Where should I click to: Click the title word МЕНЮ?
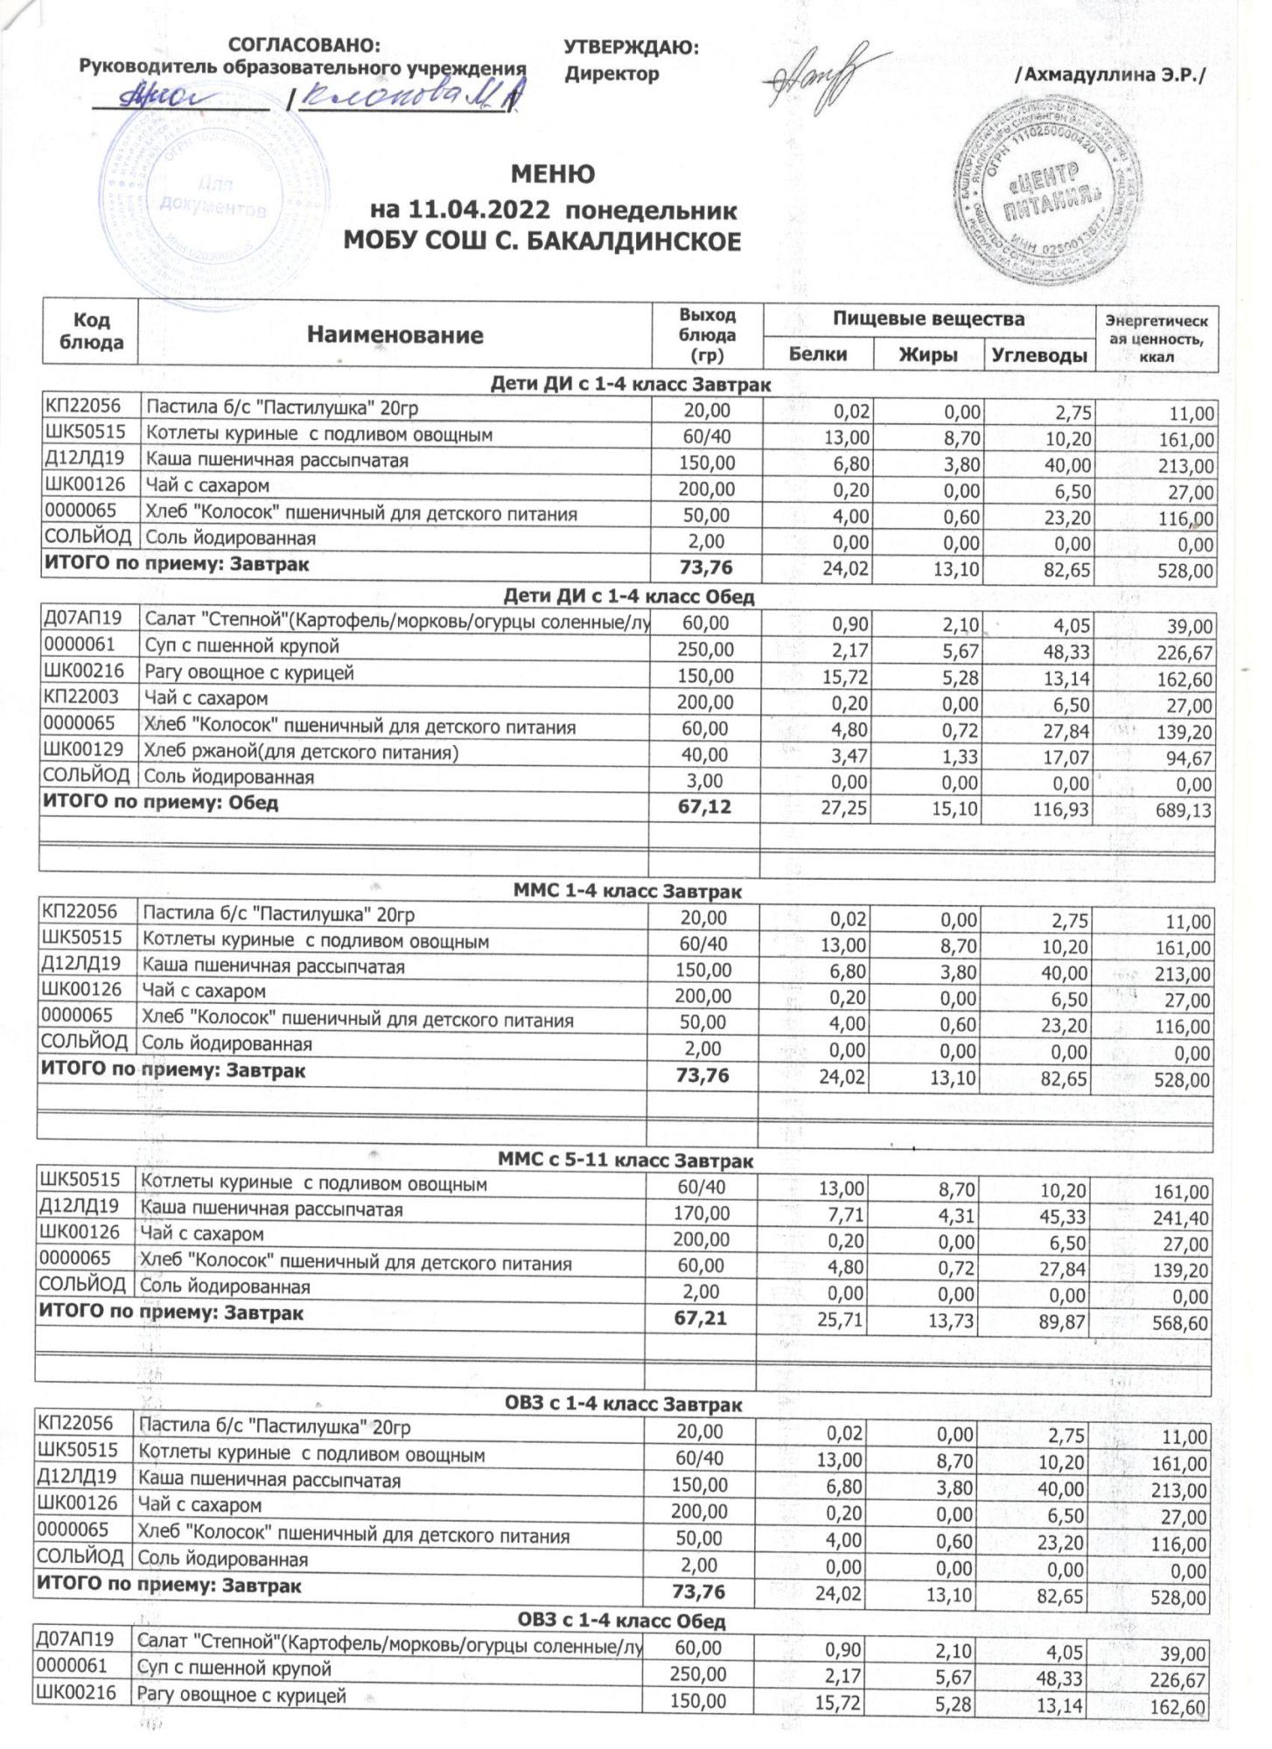552,175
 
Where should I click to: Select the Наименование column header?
395,335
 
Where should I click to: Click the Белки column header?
817,354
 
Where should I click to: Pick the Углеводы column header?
1039,354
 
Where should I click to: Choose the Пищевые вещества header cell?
928,319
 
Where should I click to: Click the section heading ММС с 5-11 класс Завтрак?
626,1160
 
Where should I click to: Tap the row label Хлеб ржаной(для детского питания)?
301,752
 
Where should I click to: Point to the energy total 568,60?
1180,1323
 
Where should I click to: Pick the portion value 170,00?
701,1213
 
